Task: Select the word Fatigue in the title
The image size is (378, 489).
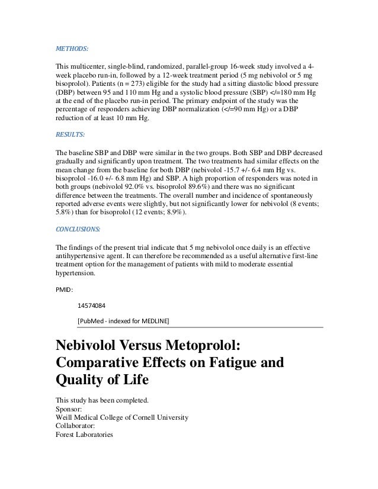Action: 222,362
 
